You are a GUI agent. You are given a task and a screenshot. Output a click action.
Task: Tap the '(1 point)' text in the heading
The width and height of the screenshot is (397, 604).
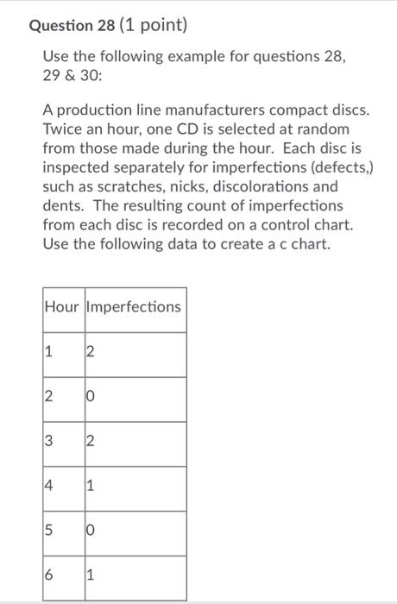point(158,27)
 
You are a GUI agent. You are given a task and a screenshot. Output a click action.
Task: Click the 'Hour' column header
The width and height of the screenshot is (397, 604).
point(61,307)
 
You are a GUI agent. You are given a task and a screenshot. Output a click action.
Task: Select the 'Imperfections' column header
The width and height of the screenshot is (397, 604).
point(133,307)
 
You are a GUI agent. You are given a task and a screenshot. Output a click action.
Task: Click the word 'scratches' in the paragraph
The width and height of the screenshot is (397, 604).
point(115,186)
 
